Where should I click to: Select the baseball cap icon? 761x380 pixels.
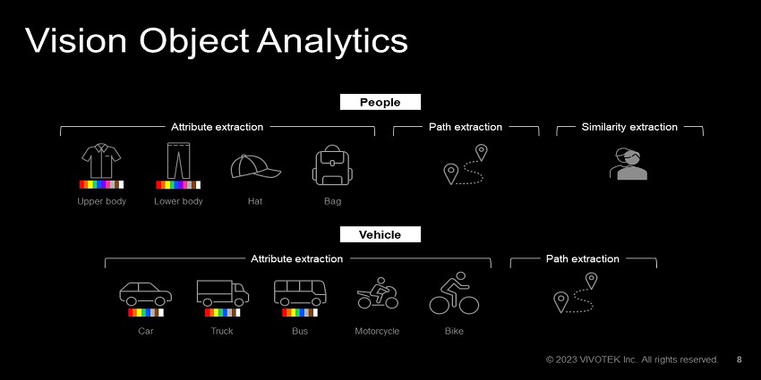pos(255,167)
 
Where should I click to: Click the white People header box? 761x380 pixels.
pos(380,102)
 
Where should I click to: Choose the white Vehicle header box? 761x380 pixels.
pos(380,234)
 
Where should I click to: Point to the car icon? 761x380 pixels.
pos(145,294)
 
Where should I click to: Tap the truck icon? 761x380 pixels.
pos(222,293)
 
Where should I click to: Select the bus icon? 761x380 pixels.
pos(299,293)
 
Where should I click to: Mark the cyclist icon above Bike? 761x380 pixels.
pos(454,293)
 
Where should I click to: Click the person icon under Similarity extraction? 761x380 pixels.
pos(628,165)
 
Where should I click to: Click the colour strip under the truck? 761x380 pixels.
pos(222,313)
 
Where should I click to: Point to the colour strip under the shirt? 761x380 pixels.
pos(101,184)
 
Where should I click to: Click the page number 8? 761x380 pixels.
pos(739,359)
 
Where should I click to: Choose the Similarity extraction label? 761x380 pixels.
pos(629,127)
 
